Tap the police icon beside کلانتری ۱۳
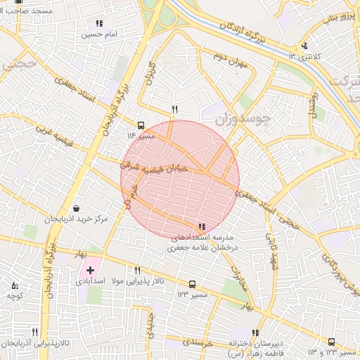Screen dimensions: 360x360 tap(304, 46)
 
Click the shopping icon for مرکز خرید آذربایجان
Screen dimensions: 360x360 tap(76, 208)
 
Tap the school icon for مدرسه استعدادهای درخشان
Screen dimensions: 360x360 tap(202, 226)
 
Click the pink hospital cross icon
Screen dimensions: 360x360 tap(90, 270)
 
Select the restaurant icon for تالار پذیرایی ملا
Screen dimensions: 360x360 tap(138, 270)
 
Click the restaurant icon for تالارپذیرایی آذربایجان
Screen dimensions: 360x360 tap(34, 331)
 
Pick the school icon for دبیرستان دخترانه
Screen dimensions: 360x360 tap(255, 333)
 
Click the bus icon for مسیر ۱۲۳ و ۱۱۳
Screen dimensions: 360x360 tap(331, 342)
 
